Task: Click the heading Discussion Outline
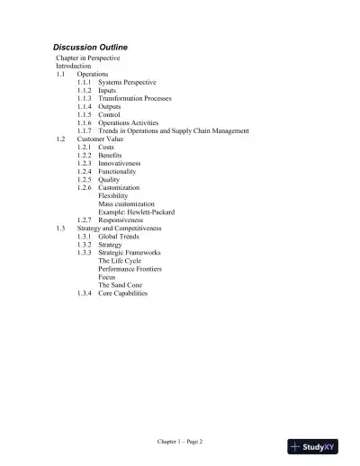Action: (90, 47)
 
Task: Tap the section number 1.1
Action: (61, 75)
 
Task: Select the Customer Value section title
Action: (102, 139)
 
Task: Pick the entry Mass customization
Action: (129, 204)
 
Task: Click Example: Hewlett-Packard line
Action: (137, 212)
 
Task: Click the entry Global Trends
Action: (121, 237)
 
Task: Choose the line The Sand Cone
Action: (120, 285)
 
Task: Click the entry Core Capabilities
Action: (123, 293)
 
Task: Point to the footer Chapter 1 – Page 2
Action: (180, 442)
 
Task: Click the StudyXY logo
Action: (319, 447)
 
